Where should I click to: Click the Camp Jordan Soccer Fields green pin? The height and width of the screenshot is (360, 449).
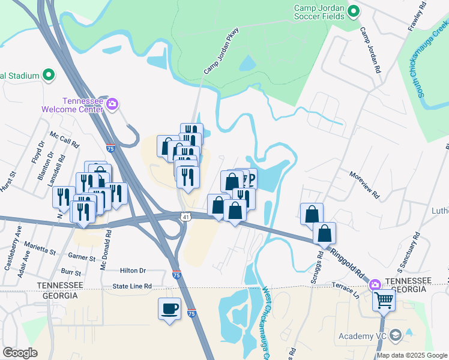[354, 10]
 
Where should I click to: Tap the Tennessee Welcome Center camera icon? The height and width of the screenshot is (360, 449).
[112, 105]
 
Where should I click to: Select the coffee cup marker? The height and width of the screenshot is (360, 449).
[169, 308]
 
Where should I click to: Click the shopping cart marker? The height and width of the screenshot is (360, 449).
[384, 300]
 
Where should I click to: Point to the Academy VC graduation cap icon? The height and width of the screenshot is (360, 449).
[395, 335]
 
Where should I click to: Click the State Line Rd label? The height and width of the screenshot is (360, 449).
[132, 287]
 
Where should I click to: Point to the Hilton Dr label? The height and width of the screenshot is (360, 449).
[133, 271]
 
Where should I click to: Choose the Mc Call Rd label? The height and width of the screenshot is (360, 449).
[65, 140]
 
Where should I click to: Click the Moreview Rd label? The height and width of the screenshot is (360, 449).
[365, 184]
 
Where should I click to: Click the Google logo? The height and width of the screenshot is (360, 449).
[20, 352]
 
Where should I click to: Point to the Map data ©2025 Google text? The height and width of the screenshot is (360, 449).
[411, 355]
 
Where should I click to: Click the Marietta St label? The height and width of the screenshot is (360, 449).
[40, 245]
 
